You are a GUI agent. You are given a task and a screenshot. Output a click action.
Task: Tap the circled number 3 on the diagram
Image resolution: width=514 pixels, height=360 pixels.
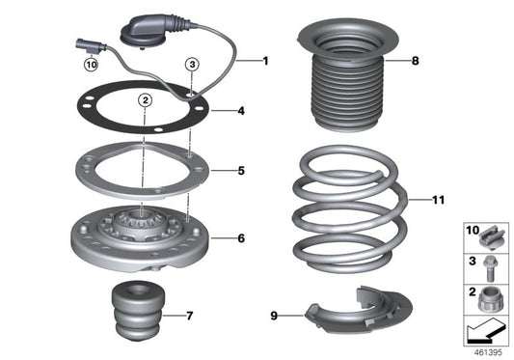pyautogui.click(x=193, y=65)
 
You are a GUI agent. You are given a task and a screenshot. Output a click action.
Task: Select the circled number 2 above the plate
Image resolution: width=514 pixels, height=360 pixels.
pyautogui.click(x=143, y=98)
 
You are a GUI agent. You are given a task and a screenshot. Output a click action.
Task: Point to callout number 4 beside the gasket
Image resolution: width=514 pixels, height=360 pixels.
pyautogui.click(x=241, y=111)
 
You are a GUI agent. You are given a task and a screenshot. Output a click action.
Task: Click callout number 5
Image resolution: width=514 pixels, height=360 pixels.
pyautogui.click(x=241, y=171)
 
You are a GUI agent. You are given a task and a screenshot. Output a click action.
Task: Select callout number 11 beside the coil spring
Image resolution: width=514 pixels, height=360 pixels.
pyautogui.click(x=438, y=201)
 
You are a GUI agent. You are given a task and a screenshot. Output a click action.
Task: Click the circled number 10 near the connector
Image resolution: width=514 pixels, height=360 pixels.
pyautogui.click(x=92, y=66)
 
